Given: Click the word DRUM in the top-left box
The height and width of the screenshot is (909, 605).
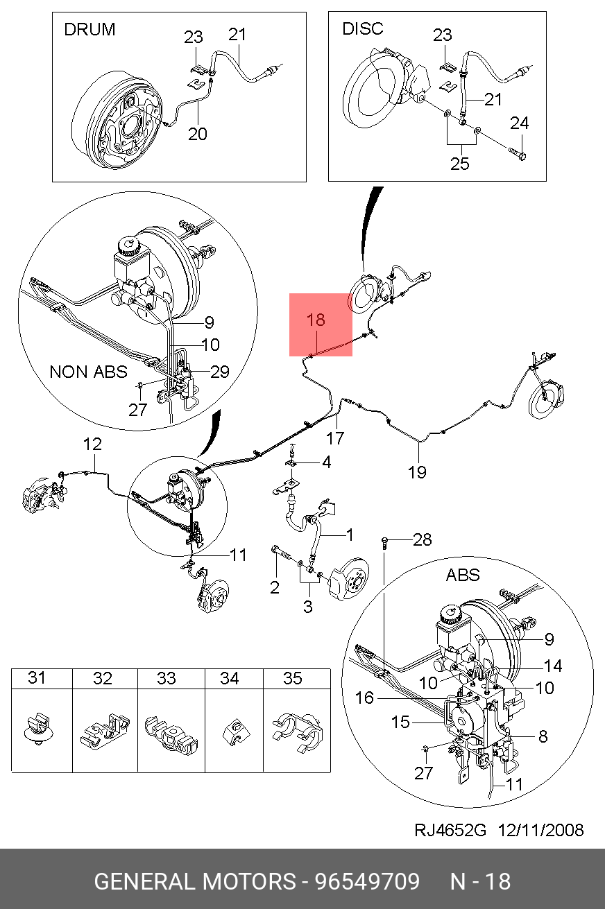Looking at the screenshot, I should (x=90, y=29).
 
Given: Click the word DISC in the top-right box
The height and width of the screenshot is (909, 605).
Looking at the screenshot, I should (x=362, y=29).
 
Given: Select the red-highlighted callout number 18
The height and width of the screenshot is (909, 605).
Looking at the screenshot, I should (x=316, y=320).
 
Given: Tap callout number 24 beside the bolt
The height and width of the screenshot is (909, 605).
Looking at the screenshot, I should (x=520, y=123).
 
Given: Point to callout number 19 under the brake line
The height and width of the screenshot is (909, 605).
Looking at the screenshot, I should (x=417, y=472).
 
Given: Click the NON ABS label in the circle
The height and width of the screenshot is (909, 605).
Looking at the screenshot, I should (x=88, y=372).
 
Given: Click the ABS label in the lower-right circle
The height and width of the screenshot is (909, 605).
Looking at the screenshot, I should (x=463, y=575).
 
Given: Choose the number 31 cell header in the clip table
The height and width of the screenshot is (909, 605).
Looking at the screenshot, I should (x=36, y=677).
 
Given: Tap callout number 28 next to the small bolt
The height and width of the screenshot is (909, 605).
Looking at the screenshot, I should (x=422, y=539).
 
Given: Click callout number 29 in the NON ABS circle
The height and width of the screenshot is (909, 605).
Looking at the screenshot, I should (x=219, y=372).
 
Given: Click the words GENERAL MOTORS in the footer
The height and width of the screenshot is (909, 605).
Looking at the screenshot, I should (x=194, y=882).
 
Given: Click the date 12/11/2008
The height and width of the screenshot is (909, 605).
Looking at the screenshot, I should (x=540, y=830).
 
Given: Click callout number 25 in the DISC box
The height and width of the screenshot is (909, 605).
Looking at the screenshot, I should (x=460, y=164).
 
